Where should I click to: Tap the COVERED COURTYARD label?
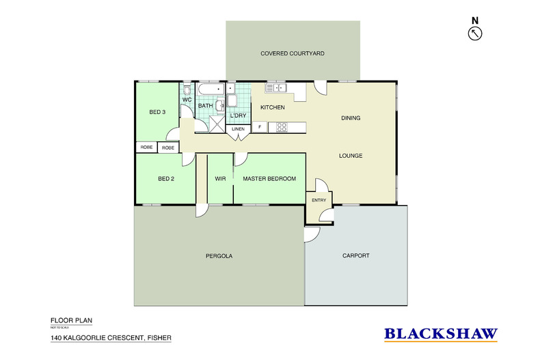point(292,53)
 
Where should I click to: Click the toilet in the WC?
point(187,89)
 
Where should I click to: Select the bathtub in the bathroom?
point(210,90)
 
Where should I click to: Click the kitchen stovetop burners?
point(281,127)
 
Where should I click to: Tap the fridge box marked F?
point(260,127)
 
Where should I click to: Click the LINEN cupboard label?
point(237,128)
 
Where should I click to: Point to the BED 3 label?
point(157,112)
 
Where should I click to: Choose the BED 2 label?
point(166,179)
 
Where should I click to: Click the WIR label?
point(220,179)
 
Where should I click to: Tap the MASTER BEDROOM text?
point(269,179)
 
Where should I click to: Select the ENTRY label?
point(319,200)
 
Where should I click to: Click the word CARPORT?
point(355,256)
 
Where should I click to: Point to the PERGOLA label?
point(219,256)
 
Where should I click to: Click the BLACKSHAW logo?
point(440,334)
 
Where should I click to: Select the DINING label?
point(351,118)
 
